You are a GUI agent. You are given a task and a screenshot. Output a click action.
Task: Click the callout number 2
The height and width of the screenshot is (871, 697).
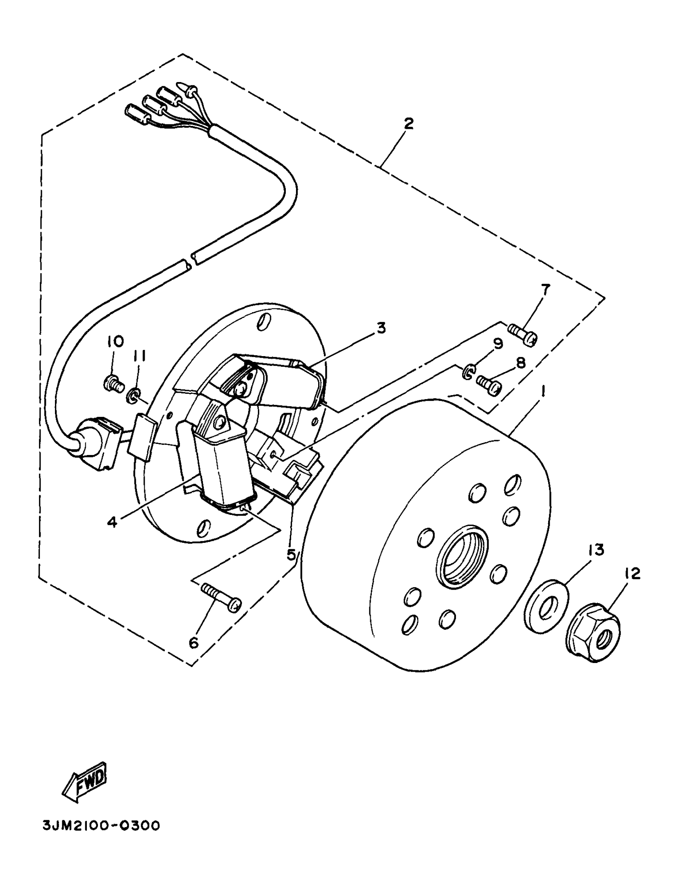[x=408, y=123]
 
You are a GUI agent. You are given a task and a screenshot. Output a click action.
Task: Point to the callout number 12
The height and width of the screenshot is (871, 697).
[x=633, y=574]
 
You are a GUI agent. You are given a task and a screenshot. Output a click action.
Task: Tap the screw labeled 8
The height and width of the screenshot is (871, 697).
[x=489, y=384]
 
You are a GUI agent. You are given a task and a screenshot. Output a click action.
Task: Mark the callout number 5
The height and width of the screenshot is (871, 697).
[x=291, y=555]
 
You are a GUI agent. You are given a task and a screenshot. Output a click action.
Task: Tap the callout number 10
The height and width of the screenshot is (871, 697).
[x=116, y=341]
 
